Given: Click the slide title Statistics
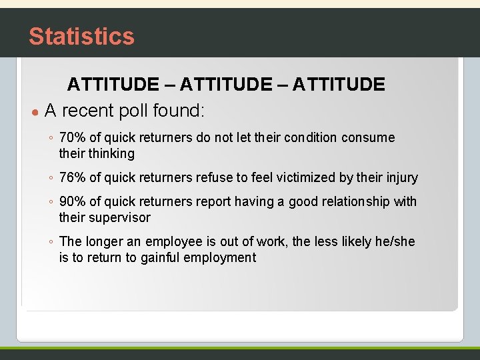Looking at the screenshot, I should [81, 36].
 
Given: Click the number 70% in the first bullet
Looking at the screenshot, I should [73, 138].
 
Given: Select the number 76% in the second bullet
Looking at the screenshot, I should [73, 177].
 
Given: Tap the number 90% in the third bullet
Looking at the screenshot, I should [73, 201].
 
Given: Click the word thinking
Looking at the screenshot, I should [111, 154].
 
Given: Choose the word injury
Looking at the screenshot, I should [402, 177].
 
